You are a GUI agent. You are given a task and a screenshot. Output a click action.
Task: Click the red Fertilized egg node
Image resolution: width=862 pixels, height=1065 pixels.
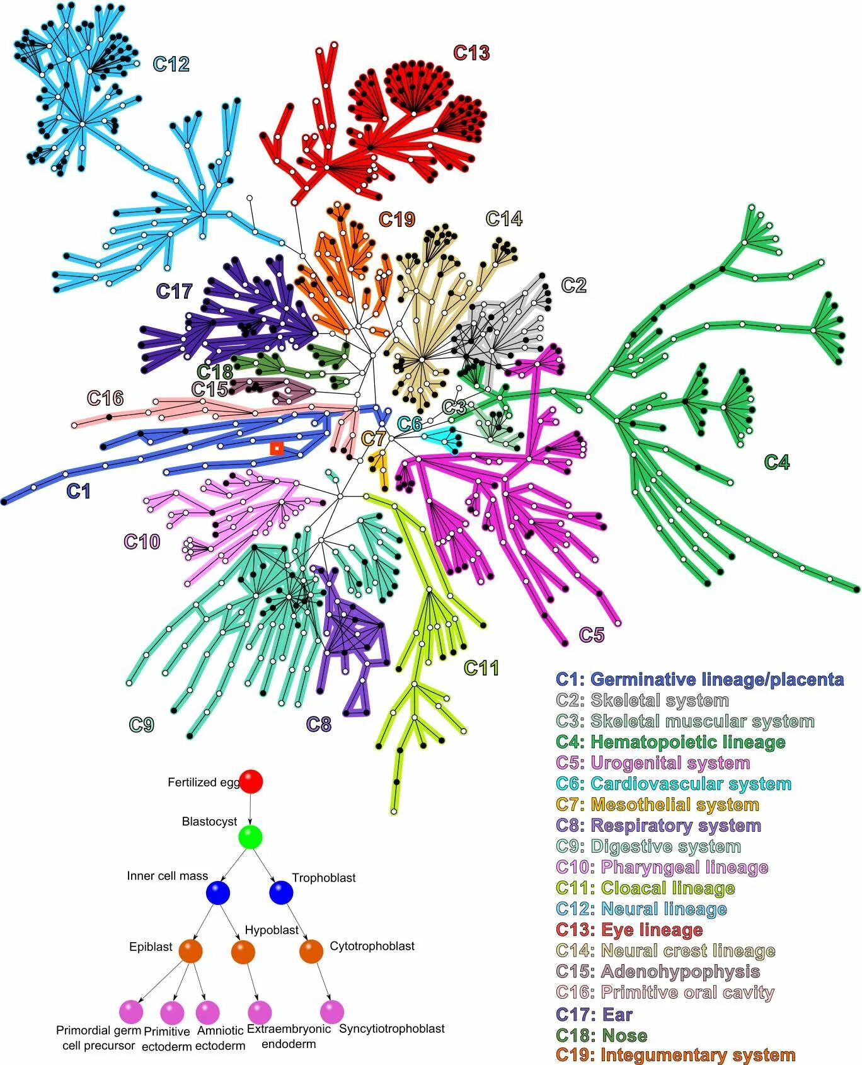click(251, 781)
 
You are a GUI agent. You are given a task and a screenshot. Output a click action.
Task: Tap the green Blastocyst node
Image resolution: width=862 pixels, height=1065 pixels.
click(250, 837)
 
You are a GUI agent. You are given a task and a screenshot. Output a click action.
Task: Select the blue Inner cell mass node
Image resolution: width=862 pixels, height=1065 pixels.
click(218, 892)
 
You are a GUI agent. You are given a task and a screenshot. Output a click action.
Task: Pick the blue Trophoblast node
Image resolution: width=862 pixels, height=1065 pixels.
click(281, 892)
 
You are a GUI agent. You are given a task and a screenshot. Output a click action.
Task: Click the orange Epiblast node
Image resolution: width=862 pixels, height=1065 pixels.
click(190, 951)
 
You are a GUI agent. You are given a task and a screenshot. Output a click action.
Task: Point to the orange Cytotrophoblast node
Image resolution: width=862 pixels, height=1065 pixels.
click(311, 951)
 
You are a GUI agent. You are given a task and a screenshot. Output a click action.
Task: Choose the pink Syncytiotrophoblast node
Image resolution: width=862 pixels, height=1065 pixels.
click(332, 1011)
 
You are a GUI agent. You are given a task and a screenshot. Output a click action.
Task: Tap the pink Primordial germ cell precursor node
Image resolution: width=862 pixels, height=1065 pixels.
click(131, 1011)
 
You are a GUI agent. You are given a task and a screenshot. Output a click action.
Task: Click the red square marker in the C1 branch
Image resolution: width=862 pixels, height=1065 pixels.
click(276, 448)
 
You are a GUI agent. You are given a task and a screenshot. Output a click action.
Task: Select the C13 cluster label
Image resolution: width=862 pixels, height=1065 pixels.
click(471, 53)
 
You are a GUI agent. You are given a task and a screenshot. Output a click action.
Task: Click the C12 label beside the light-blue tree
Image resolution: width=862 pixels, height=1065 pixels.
click(171, 64)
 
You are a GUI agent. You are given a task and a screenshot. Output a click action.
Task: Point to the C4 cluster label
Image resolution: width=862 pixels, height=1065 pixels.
click(776, 463)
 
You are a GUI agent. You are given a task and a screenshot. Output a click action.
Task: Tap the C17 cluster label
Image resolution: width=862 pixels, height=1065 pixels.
click(174, 291)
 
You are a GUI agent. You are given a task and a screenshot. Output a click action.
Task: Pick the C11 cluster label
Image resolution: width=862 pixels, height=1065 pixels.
click(481, 667)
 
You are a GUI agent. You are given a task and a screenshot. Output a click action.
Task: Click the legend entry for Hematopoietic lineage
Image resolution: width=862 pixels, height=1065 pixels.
click(670, 742)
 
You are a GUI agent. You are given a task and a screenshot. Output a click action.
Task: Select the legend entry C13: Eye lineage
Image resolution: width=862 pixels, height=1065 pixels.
click(629, 930)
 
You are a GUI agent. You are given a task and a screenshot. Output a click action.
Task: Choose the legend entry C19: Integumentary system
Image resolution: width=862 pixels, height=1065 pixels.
click(675, 1055)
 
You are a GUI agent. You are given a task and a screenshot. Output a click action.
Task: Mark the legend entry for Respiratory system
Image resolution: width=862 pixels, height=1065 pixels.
click(658, 825)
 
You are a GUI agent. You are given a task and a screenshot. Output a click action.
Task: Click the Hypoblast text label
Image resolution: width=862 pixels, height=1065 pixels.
click(272, 930)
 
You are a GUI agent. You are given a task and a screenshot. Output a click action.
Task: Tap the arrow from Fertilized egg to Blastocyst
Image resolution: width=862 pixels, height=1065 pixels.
click(250, 809)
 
